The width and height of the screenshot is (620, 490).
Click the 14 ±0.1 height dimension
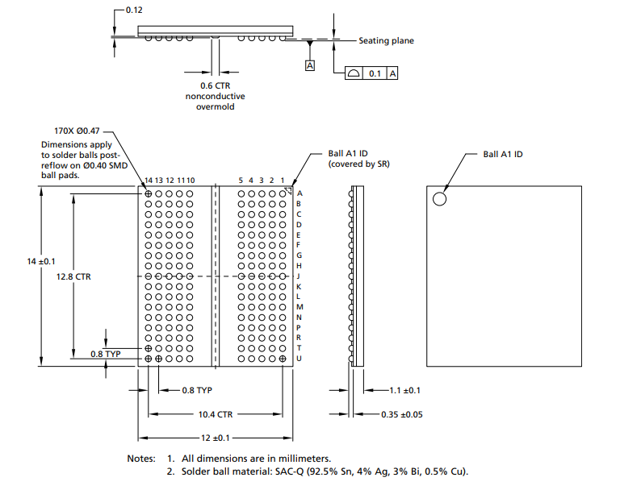41,261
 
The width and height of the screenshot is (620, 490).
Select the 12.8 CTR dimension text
73,276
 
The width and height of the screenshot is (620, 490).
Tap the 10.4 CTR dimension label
216,414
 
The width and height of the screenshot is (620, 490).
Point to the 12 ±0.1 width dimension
215,438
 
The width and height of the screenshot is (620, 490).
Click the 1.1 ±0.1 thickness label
405,391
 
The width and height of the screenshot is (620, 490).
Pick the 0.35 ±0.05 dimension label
402,414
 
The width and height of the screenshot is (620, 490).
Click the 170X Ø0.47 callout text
77,131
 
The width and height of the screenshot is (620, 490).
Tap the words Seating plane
387,40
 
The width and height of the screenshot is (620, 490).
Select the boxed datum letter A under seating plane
310,65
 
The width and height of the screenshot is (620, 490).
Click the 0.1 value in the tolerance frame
375,73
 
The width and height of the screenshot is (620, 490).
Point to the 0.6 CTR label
215,85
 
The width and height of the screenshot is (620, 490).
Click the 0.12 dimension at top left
134,10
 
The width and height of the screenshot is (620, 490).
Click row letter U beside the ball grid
299,359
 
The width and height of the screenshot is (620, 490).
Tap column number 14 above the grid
149,181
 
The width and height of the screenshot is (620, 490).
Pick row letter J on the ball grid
298,276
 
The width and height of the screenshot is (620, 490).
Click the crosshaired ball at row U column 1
283,359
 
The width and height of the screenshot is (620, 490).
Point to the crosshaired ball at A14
149,194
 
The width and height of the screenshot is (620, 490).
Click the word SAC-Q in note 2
290,471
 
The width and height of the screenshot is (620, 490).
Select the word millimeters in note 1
304,459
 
